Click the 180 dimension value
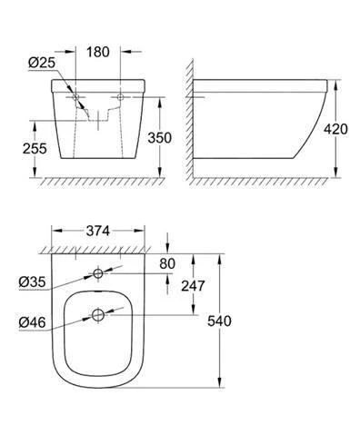click(x=98, y=52)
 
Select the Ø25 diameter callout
click(x=42, y=63)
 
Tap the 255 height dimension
click(x=35, y=149)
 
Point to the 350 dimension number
click(x=159, y=138)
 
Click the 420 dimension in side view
click(x=335, y=129)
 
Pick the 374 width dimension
click(x=98, y=231)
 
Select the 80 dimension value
click(x=167, y=263)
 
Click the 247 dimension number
click(x=193, y=285)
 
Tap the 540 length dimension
click(x=219, y=321)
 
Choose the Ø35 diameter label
click(x=32, y=282)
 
